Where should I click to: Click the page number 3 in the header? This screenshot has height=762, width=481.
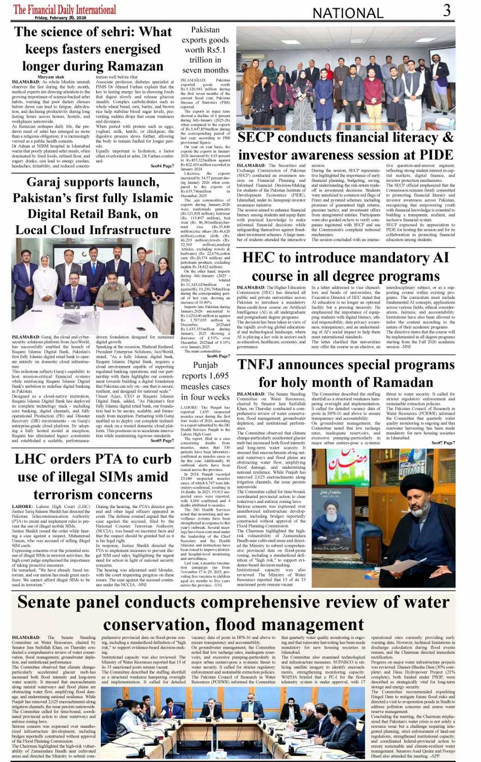click(446, 10)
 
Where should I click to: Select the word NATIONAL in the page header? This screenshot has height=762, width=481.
click(348, 13)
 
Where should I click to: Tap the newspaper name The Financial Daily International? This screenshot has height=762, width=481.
click(65, 9)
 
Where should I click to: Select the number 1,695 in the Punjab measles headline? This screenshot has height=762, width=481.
click(219, 376)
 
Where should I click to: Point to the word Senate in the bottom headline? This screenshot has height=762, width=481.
click(52, 602)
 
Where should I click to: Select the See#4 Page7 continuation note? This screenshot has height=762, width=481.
click(162, 166)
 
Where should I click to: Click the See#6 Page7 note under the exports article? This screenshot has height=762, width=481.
click(218, 342)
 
